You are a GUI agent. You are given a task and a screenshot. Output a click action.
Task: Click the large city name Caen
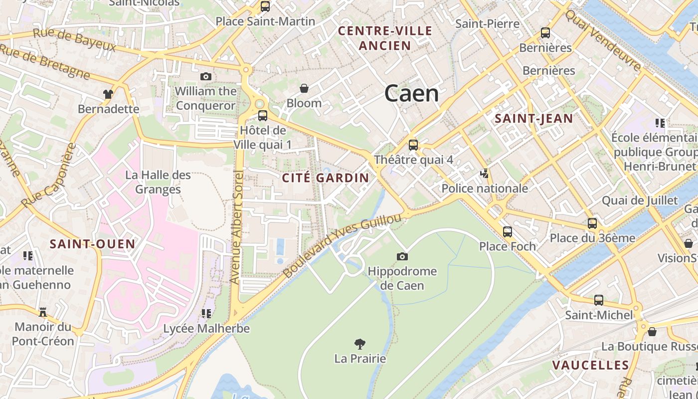coord(411,93)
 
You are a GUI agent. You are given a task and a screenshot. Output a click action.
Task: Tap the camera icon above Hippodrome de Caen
coord(402,256)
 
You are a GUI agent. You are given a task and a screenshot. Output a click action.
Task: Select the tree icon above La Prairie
coord(359,343)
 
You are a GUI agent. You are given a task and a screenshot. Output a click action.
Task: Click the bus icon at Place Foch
coord(507,231)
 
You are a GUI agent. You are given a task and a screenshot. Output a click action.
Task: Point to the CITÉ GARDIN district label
coord(326,178)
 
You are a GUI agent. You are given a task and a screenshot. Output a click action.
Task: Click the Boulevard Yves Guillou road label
coord(342,245)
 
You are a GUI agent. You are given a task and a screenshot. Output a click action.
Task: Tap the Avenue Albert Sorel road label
coord(236,227)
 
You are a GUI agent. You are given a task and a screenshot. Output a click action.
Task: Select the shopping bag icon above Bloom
coord(304,88)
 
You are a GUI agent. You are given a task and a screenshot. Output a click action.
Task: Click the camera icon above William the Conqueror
coord(205,76)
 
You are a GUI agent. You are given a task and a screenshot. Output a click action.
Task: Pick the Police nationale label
coord(485,189)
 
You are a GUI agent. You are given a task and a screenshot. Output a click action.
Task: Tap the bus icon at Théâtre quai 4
coord(413,145)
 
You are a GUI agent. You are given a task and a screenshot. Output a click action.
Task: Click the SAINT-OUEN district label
coord(92,244)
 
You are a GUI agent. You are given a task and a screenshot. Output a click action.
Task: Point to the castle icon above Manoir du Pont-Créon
coord(43,312)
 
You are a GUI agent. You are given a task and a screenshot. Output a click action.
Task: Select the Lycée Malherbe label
coord(206,329)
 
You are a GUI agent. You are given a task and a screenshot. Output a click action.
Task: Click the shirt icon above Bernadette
coord(108,94)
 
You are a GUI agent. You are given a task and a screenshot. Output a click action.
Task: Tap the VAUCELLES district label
coord(590,365)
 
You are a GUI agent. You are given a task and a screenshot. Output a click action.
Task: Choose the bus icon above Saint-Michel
coord(598,300)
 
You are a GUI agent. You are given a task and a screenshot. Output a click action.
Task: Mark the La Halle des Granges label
coord(158,182)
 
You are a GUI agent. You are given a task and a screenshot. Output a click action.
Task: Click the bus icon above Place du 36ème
coord(592,223)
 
